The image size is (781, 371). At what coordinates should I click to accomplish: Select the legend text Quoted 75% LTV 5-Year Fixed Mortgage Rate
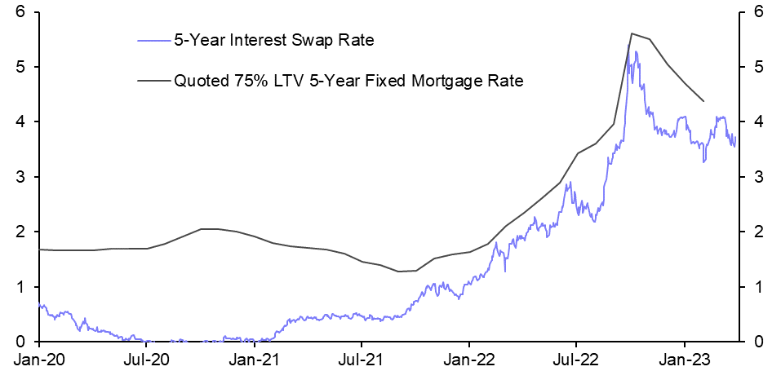click(x=348, y=81)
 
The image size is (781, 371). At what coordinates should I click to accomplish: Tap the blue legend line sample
click(x=153, y=38)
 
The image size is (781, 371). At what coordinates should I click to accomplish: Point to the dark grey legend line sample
click(x=153, y=81)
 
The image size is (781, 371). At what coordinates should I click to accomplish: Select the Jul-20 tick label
click(x=146, y=359)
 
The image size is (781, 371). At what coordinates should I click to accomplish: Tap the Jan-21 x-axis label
click(x=255, y=359)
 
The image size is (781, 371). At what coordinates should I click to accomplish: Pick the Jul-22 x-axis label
click(x=575, y=359)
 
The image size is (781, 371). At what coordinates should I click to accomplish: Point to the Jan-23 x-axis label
click(x=684, y=359)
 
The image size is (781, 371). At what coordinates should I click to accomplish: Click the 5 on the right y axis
click(x=758, y=67)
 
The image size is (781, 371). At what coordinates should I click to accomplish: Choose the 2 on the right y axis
click(x=758, y=232)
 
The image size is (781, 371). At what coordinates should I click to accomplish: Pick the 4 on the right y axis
click(x=758, y=121)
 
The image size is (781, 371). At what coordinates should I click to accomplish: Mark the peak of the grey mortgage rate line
click(x=632, y=33)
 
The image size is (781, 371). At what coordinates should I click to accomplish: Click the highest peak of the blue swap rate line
click(x=636, y=52)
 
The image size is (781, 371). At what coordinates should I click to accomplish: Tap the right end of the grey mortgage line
click(x=703, y=101)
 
